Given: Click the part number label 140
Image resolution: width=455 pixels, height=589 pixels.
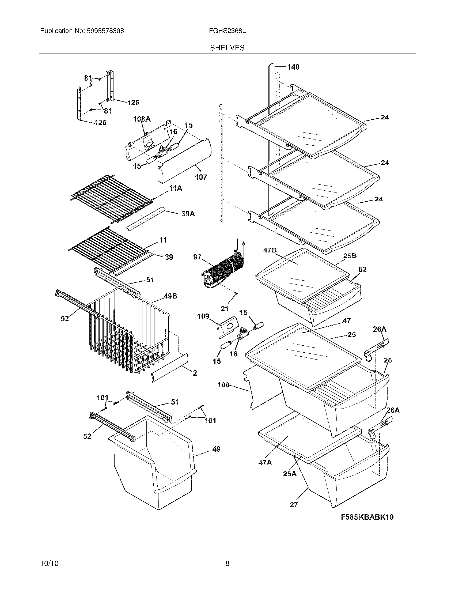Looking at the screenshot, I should pyautogui.click(x=293, y=67).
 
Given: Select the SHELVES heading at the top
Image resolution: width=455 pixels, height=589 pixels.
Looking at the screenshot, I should pyautogui.click(x=227, y=48).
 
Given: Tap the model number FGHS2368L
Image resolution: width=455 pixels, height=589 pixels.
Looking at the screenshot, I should pyautogui.click(x=227, y=31).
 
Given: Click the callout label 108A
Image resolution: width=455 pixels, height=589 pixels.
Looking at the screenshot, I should pyautogui.click(x=142, y=119).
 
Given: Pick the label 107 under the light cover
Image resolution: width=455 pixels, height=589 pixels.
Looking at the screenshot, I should pyautogui.click(x=201, y=177).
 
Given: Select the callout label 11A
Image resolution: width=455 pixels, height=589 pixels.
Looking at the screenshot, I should pyautogui.click(x=176, y=188).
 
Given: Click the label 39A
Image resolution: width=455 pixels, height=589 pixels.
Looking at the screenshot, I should pyautogui.click(x=188, y=214).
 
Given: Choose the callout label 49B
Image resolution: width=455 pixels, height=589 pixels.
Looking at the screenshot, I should pyautogui.click(x=170, y=296).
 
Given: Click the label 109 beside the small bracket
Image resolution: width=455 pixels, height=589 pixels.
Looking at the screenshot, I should pyautogui.click(x=203, y=316).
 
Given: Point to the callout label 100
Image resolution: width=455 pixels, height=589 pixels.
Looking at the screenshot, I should pyautogui.click(x=223, y=385).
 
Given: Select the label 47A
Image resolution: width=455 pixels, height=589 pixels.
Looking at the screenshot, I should pyautogui.click(x=265, y=463).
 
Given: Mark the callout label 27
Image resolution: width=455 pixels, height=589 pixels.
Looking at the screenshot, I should pyautogui.click(x=294, y=505).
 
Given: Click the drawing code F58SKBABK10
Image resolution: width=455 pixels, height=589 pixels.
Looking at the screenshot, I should pyautogui.click(x=367, y=517).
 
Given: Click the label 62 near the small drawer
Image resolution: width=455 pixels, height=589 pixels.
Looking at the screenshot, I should pyautogui.click(x=362, y=269).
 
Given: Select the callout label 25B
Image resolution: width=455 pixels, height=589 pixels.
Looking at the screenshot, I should pyautogui.click(x=350, y=256).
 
